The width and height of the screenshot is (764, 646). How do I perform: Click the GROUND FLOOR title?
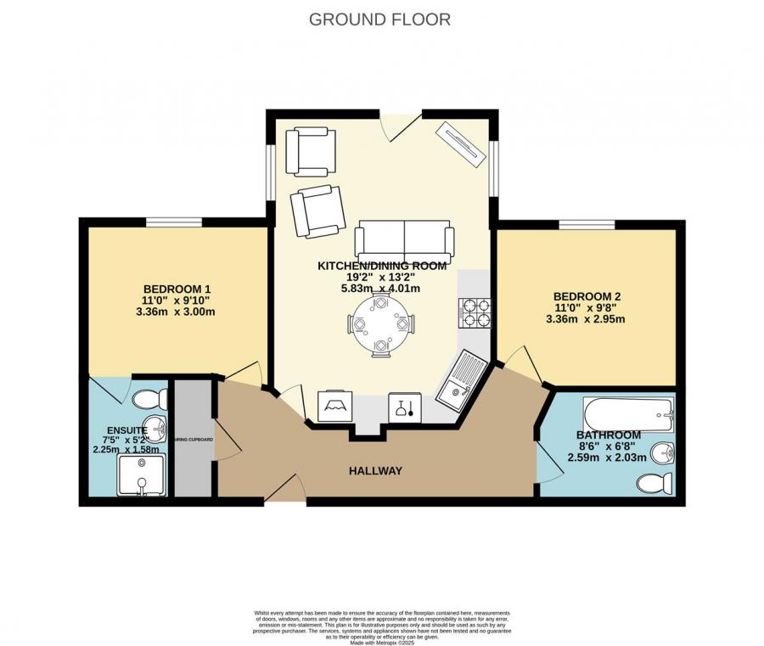click(379, 19)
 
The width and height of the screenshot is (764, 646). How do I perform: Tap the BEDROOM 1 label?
click(177, 287)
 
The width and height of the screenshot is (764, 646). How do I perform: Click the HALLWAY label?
click(374, 471)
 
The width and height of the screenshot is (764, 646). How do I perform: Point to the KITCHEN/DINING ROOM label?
click(382, 266)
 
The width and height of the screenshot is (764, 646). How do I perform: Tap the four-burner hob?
click(476, 312)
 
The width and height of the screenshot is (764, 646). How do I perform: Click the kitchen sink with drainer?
click(458, 378)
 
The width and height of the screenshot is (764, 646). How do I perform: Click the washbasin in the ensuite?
click(154, 426)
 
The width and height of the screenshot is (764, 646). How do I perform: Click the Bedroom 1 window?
click(173, 222)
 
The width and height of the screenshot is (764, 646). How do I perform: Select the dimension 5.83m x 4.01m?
click(381, 288)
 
